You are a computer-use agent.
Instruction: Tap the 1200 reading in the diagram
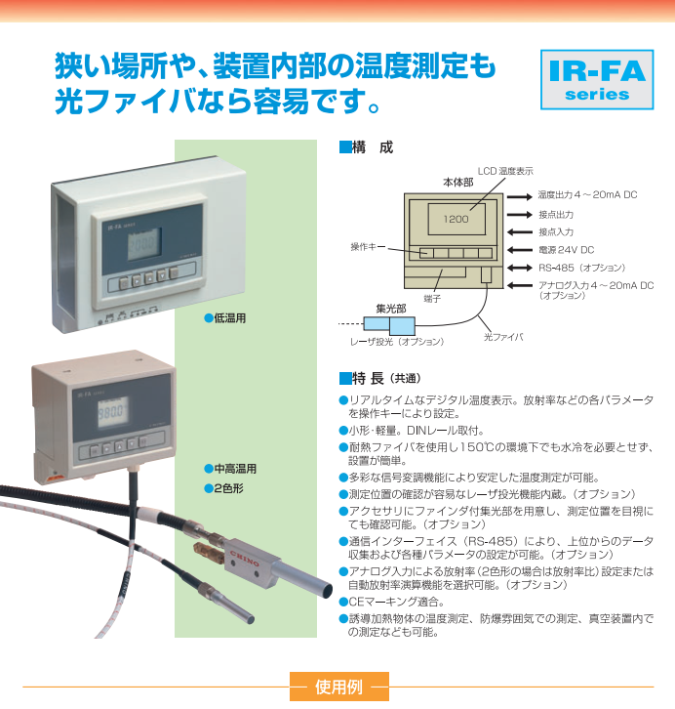(x=456, y=219)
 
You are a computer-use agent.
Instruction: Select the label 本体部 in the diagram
(x=457, y=182)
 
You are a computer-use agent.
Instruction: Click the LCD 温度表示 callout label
(x=505, y=171)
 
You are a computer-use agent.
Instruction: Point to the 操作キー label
(x=368, y=248)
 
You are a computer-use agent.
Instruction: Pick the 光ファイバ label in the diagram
(x=503, y=337)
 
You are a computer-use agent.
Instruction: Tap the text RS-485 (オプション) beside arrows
(x=582, y=267)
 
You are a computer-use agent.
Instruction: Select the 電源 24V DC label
(x=566, y=249)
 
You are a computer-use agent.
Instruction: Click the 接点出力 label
(x=556, y=214)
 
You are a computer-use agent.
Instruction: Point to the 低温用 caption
(x=225, y=318)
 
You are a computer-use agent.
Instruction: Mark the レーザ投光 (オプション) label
(x=397, y=342)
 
